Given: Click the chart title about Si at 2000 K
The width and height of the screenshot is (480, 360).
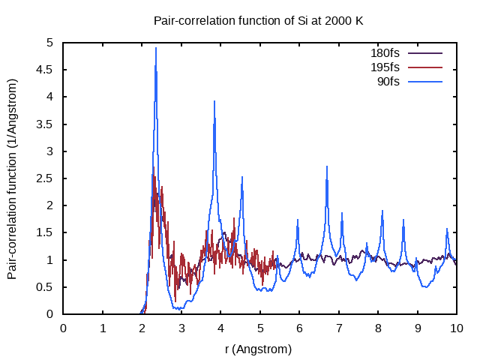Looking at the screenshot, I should (258, 20).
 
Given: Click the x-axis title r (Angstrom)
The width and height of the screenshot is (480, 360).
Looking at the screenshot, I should (258, 349).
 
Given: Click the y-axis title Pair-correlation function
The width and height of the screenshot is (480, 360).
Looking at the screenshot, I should (13, 178).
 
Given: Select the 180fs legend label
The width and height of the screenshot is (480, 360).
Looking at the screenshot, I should (385, 53).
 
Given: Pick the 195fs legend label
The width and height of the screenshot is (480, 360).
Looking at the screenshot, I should (385, 67).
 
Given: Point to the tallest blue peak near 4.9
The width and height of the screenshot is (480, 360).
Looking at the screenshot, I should (156, 48).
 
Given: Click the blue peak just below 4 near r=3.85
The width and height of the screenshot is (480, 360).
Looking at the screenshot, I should (214, 101).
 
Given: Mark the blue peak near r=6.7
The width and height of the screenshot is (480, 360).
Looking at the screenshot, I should (327, 166).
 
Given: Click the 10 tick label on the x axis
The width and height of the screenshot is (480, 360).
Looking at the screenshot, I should (457, 328).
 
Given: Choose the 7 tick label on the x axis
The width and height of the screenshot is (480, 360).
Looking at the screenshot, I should (339, 328).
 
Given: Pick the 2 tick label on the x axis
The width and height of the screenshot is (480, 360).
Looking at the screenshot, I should (142, 328).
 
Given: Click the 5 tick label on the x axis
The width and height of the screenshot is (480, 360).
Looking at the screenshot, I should (260, 328).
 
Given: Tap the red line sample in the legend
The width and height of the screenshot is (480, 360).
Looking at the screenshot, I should (425, 67).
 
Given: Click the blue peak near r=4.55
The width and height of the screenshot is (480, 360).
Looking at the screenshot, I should (242, 177).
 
